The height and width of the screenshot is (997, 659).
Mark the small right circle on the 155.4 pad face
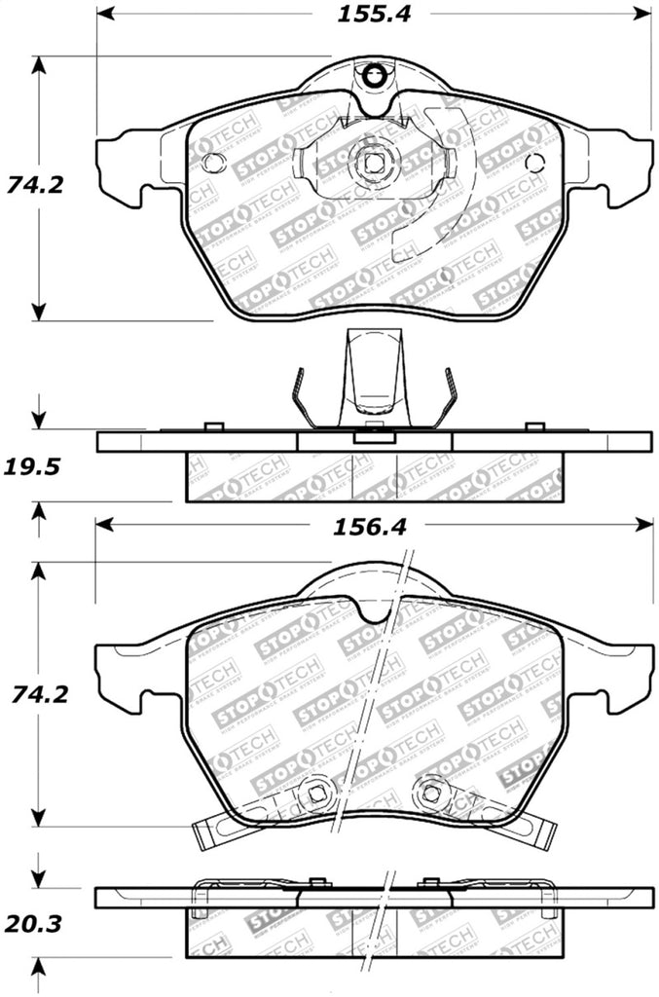pos(531,163)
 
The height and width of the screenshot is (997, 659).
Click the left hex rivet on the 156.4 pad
pos(314,793)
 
